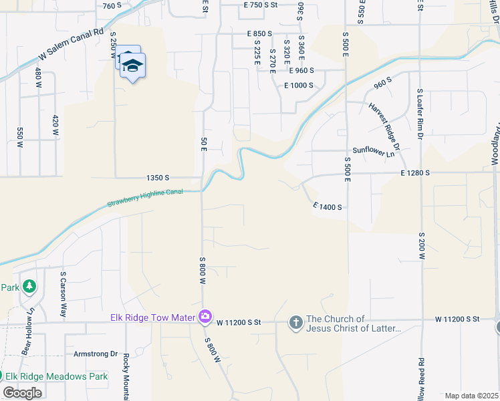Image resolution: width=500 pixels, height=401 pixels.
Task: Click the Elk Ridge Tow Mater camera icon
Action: (205, 316)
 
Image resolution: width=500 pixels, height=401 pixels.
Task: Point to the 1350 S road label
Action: (158, 178)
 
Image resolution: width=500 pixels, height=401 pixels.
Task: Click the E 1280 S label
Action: (414, 173)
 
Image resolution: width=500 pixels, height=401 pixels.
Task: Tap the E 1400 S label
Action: (327, 207)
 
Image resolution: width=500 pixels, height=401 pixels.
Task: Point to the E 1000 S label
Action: (299, 86)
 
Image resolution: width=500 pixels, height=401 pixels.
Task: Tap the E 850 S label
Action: (259, 33)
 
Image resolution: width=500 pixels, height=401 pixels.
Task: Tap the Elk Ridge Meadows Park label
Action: (56, 376)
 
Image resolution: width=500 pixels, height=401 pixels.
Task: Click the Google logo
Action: (22, 393)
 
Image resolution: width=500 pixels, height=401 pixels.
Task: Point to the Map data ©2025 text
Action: (472, 396)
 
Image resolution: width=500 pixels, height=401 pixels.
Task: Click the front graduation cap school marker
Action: (133, 65)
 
